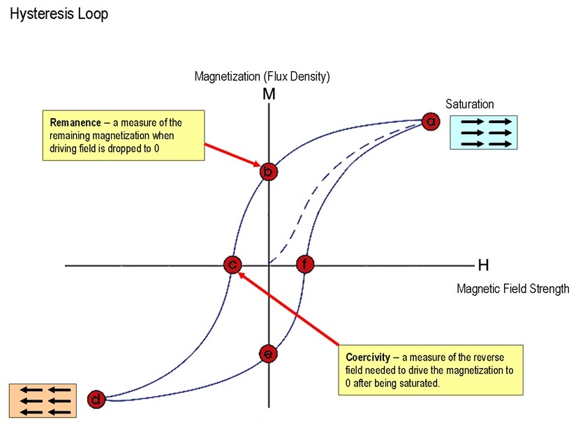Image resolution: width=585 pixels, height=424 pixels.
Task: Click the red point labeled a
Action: [x=431, y=122]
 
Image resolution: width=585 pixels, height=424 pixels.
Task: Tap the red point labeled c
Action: [x=232, y=265]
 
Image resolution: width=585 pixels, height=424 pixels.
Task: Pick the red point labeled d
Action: [x=97, y=400]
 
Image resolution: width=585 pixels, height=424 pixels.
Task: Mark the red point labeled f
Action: [x=305, y=265]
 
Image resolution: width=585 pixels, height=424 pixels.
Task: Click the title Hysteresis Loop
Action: [x=59, y=14]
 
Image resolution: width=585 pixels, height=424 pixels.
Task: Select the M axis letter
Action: [x=269, y=93]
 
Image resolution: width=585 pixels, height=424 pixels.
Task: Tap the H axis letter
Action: [x=483, y=265]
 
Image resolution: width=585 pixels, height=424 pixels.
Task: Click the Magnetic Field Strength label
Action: [x=512, y=288]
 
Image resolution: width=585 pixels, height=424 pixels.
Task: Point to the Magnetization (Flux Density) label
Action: [x=262, y=75]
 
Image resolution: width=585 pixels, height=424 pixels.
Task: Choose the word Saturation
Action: [x=470, y=105]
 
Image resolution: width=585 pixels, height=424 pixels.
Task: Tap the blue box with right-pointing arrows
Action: [x=481, y=132]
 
